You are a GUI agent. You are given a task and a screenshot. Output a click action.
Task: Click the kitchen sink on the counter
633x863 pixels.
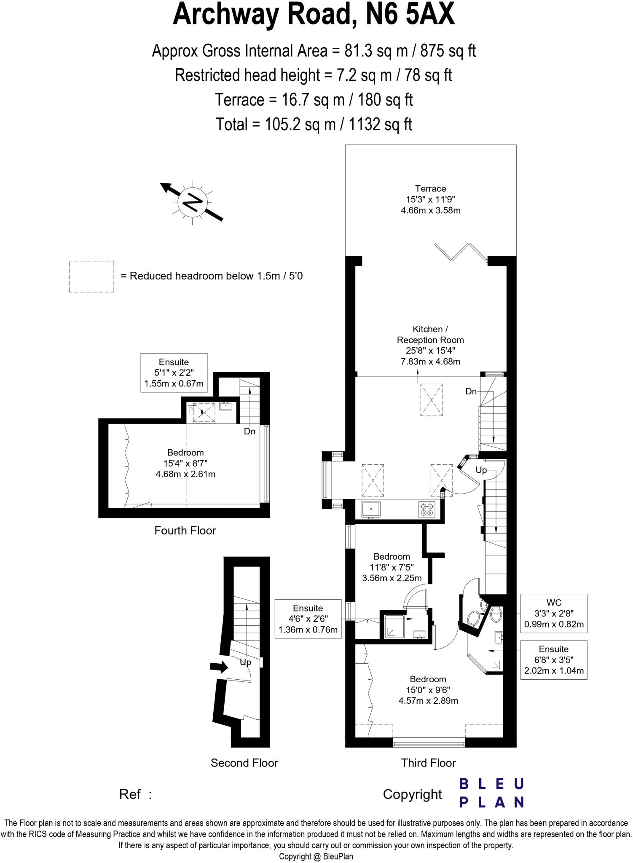[x=370, y=509]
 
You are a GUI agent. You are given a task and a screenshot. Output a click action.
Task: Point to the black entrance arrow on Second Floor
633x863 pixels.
[x=219, y=667]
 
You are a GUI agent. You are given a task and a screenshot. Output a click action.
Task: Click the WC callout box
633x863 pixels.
[x=554, y=614]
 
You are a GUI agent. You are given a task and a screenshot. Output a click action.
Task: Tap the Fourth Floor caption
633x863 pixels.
[x=185, y=531]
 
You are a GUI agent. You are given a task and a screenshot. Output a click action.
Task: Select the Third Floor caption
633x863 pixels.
[x=428, y=763]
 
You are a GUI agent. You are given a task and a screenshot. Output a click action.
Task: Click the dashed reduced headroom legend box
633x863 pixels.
[x=91, y=277]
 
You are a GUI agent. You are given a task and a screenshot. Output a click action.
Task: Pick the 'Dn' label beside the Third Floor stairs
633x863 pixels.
[x=471, y=391]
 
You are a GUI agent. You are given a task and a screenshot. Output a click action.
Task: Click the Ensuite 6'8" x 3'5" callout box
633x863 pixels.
[x=554, y=660]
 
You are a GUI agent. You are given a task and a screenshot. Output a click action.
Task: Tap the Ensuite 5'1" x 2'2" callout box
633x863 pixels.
[x=174, y=373]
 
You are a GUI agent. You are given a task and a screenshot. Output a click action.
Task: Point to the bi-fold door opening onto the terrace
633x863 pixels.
[x=461, y=252]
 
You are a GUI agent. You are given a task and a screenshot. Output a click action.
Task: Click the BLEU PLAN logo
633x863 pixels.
[x=491, y=793]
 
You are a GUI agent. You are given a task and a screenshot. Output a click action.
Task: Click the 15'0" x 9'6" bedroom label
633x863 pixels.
[x=428, y=690]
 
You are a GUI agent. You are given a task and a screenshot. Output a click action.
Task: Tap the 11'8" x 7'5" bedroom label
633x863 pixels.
[x=392, y=567]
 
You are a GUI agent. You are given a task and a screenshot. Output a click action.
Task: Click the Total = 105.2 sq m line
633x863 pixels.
[x=314, y=124]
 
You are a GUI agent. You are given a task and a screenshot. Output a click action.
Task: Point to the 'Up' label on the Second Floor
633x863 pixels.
[x=245, y=662]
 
